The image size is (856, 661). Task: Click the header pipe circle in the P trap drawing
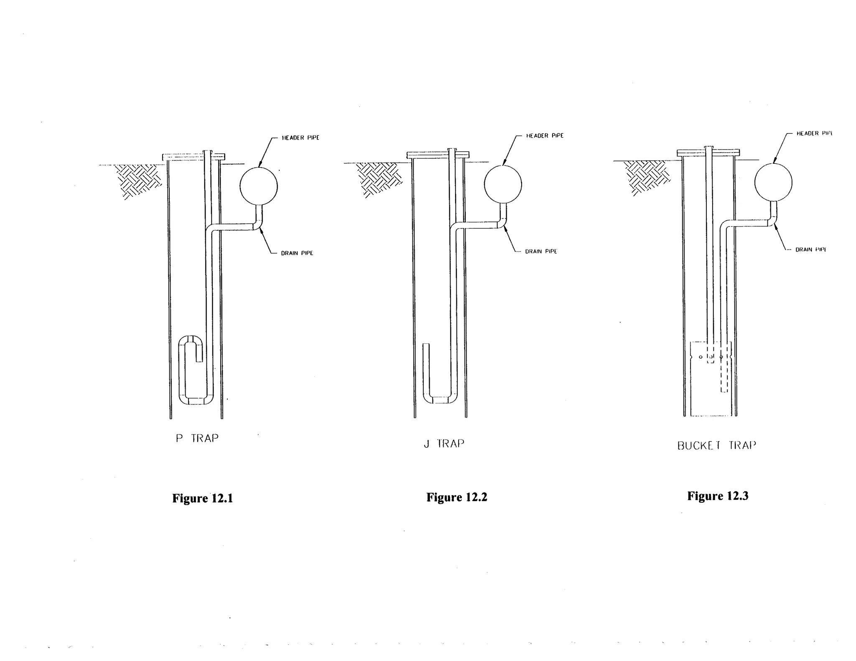[x=259, y=186]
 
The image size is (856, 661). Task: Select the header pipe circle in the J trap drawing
[x=503, y=184]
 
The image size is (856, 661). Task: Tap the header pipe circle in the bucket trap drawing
[x=773, y=182]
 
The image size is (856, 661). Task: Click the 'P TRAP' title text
[x=197, y=438]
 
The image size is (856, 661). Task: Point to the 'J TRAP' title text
[x=444, y=443]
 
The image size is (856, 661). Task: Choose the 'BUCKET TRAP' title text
[x=716, y=445]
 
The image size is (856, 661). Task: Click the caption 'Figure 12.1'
[x=202, y=498]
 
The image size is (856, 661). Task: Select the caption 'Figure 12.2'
[x=456, y=497]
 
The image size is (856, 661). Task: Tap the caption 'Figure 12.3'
[x=718, y=496]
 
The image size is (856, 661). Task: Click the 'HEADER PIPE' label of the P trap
[x=301, y=138]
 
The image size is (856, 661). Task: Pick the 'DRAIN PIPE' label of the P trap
[x=297, y=253]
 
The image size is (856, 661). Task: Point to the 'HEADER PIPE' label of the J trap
[x=545, y=136]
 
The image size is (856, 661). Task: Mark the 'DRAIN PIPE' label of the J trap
[x=541, y=252]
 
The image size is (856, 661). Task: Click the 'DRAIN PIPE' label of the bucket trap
[x=810, y=250]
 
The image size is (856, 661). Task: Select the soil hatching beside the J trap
[x=378, y=178]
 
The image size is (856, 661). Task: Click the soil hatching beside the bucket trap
[x=646, y=177]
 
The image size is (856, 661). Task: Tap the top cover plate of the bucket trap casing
[x=708, y=153]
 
